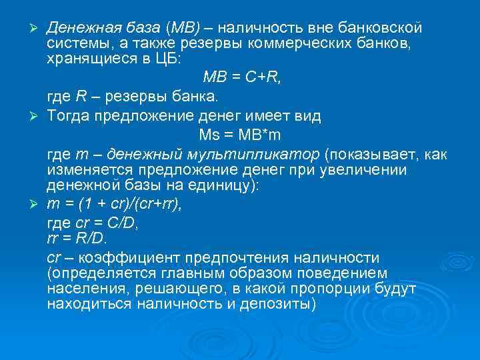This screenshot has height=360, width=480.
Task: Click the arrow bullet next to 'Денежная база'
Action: (x=37, y=28)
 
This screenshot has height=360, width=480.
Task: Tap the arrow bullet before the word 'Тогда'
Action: (x=37, y=115)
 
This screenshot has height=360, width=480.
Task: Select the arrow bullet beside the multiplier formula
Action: (x=37, y=203)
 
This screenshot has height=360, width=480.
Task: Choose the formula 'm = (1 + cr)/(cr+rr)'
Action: (x=114, y=203)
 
